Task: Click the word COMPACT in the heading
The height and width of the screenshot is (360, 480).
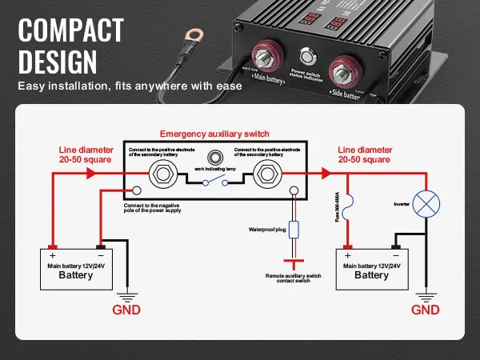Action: [x=71, y=30]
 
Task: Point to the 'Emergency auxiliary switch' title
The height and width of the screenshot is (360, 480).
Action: [x=214, y=134]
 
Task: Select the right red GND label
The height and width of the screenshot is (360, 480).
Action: [x=424, y=310]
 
